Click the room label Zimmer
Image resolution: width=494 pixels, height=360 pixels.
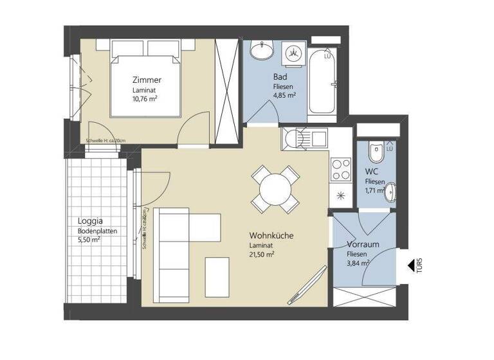click(x=147, y=80)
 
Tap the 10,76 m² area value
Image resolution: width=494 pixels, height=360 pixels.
click(x=146, y=99)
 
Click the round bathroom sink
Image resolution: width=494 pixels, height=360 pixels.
click(x=262, y=51)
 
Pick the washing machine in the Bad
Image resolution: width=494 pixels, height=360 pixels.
click(x=294, y=51)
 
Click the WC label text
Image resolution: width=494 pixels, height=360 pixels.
click(x=372, y=172)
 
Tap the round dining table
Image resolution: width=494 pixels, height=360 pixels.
click(x=275, y=190)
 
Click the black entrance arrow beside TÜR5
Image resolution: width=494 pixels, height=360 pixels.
click(x=410, y=264)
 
